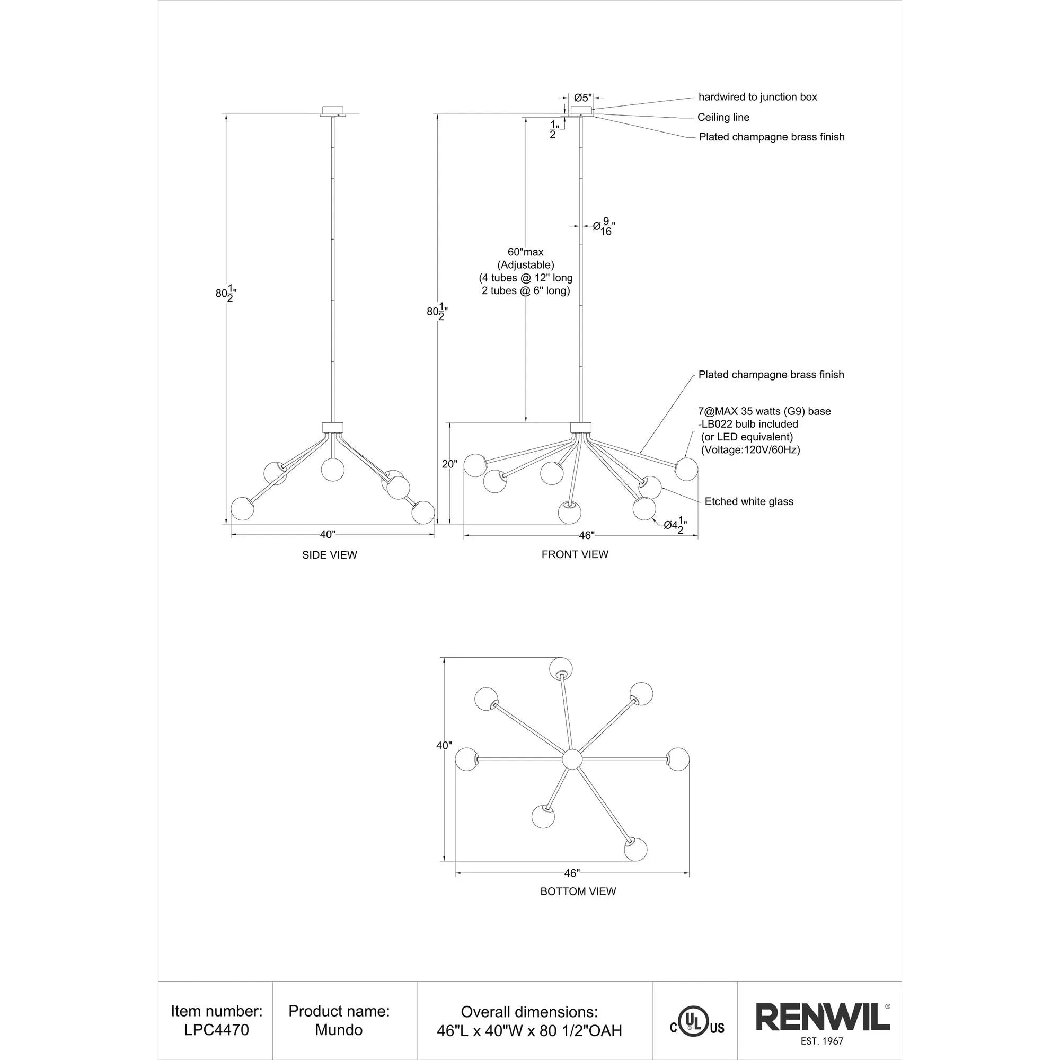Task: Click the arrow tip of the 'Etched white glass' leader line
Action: (x=662, y=487)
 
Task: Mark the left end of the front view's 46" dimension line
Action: (x=464, y=535)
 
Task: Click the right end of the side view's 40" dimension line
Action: (x=435, y=534)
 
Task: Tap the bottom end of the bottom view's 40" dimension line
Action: (x=444, y=861)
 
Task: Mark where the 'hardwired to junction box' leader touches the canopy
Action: (x=593, y=109)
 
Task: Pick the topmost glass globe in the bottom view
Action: (x=561, y=669)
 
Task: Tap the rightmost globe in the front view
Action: (x=686, y=469)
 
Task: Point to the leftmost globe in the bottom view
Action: (x=467, y=759)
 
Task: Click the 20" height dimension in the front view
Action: (x=449, y=464)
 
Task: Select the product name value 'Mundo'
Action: (x=339, y=1030)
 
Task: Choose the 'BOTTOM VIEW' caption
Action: (x=578, y=891)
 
